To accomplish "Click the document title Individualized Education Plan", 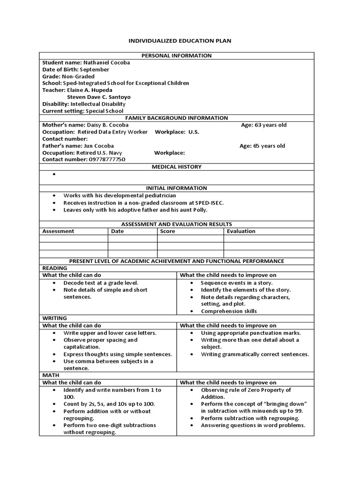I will [180, 41].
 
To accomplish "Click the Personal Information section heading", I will [176, 56].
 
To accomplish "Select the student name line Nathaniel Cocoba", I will [86, 62].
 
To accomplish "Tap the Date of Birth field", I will [76, 69].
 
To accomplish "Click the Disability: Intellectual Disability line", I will [84, 104].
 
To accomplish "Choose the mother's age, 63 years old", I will [263, 125].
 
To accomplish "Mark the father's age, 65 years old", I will [262, 146].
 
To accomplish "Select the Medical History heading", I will [176, 166].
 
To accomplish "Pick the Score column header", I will [167, 231].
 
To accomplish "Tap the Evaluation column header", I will [241, 231].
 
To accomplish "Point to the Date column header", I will [117, 231].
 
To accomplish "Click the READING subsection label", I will [55, 268].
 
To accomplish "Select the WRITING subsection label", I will [54, 318].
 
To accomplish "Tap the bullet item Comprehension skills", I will [228, 311].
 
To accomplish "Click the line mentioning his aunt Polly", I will [135, 210].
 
